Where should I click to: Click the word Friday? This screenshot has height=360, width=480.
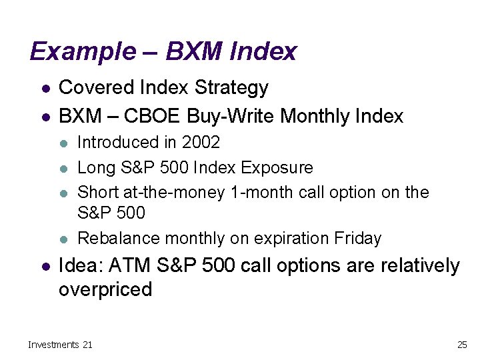tap(358, 238)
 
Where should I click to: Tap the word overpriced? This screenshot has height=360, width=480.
tap(105, 289)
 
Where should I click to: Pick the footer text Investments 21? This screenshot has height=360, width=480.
tap(60, 344)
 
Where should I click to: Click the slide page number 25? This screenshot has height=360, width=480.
tap(461, 344)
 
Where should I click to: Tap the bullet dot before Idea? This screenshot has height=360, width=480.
tap(44, 266)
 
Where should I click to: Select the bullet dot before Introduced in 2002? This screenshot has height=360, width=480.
tap(64, 143)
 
